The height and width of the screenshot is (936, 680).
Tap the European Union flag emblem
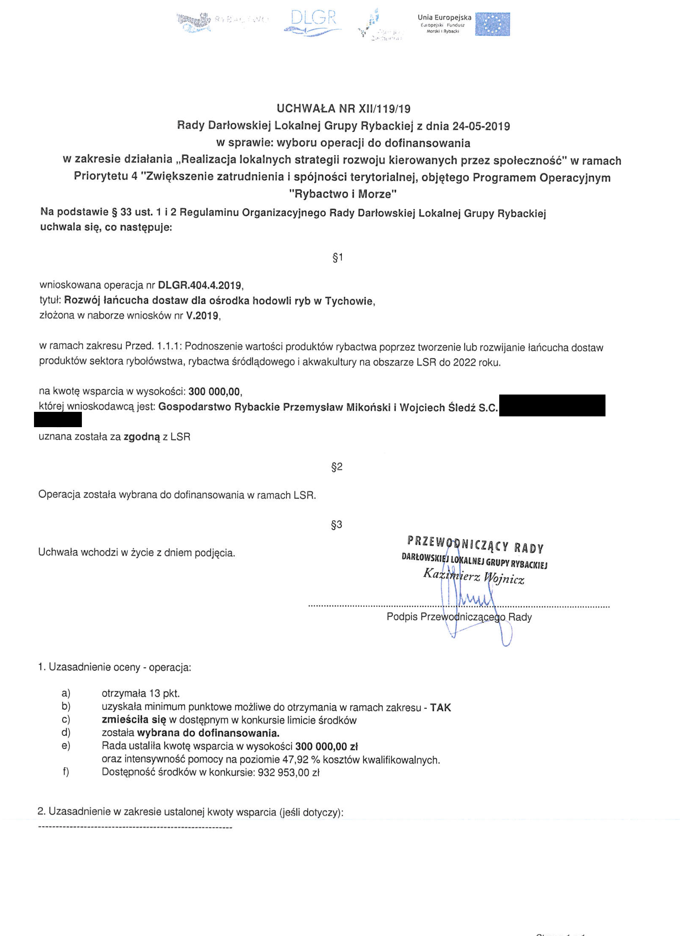tap(492, 24)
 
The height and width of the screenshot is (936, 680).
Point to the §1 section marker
tap(338, 258)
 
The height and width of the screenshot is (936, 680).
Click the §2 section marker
tap(337, 467)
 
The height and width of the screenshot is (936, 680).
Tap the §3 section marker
tap(337, 524)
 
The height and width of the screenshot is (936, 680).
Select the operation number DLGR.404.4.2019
tap(200, 285)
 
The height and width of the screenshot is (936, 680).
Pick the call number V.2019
tap(202, 316)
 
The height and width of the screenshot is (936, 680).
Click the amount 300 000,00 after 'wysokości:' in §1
tap(214, 391)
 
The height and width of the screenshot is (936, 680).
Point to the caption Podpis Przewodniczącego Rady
tap(459, 617)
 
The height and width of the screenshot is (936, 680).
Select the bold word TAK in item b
tap(440, 708)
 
